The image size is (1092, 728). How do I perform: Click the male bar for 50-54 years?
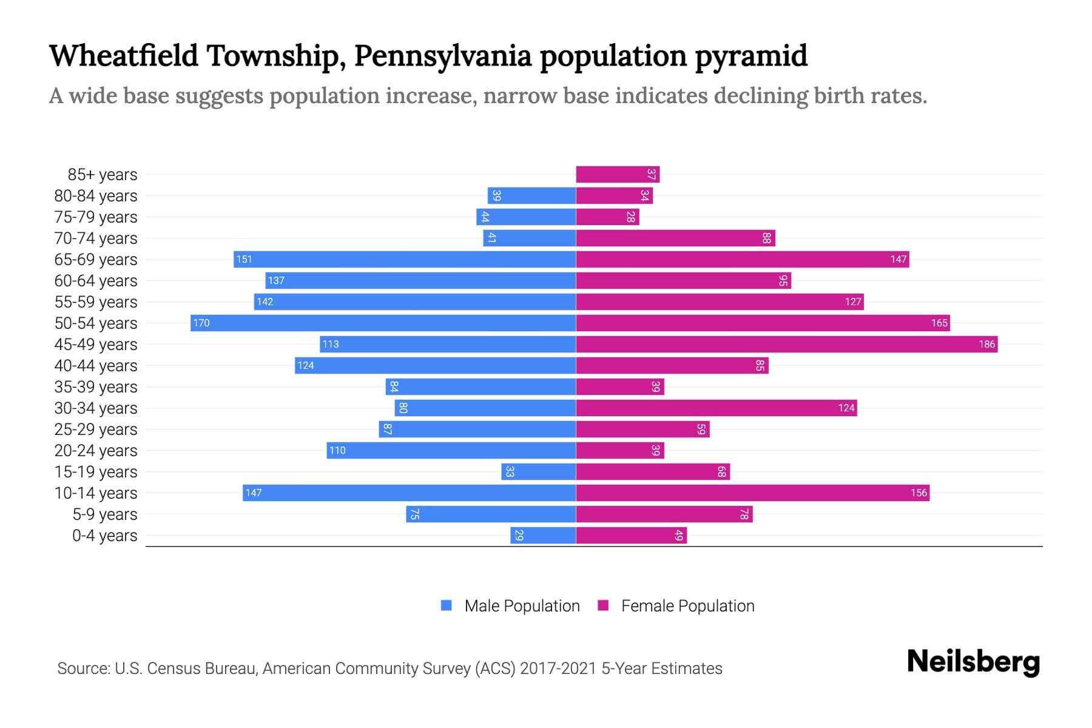(383, 323)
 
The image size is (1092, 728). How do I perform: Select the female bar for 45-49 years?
(786, 344)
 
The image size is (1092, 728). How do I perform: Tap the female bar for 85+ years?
(618, 174)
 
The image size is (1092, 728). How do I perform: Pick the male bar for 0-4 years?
(543, 535)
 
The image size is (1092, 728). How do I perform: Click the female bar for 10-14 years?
(752, 493)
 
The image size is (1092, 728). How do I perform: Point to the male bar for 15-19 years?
(538, 471)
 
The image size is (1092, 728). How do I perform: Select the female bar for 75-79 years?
(607, 217)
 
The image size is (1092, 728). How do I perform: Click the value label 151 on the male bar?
(244, 259)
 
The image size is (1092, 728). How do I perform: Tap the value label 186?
(986, 344)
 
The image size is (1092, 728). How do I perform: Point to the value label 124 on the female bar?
(846, 408)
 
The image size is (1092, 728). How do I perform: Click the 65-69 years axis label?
(96, 259)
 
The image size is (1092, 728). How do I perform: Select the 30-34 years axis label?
(96, 408)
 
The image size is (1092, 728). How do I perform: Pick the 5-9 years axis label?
(104, 514)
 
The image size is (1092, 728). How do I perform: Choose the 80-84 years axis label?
(96, 195)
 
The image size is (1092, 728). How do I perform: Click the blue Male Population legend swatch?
(447, 605)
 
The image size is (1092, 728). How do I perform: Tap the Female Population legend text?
(687, 605)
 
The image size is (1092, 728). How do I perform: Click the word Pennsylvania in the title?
(443, 56)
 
